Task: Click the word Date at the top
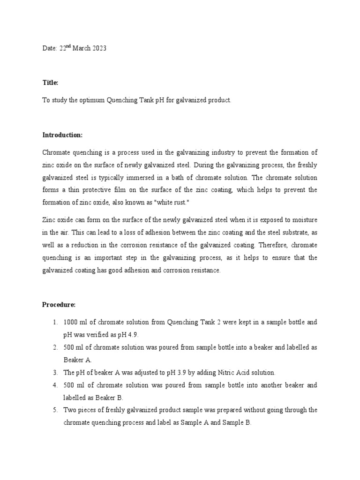tap(50, 49)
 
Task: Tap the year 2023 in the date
tap(99, 49)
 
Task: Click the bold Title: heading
tap(51, 82)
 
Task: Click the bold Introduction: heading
tap(62, 135)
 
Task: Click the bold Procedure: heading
tap(59, 304)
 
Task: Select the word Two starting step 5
tap(70, 410)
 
